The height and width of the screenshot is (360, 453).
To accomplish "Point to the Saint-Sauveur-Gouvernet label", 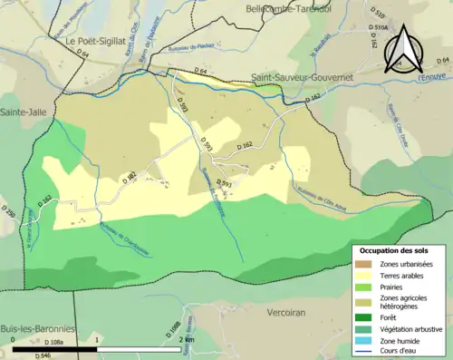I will pos(301,78).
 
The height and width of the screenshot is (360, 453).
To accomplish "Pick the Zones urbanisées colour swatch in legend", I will pos(363,264).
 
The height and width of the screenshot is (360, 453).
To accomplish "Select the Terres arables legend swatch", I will pos(363,276).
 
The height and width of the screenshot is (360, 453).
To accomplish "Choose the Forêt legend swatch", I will pos(363,316).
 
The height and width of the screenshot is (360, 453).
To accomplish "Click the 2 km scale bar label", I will pos(188,339).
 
